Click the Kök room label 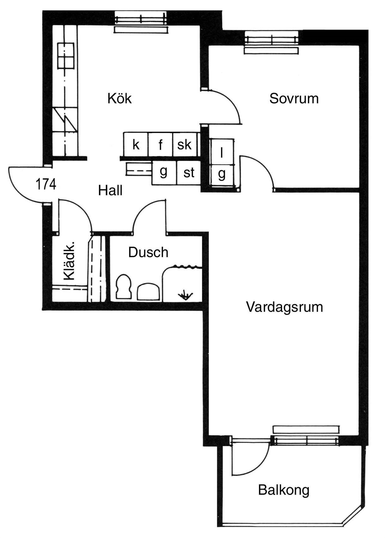pos(120,98)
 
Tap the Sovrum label pos(294,99)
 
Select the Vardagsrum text pos(285,307)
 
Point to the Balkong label pos(284,491)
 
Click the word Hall pos(110,190)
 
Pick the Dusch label pos(148,252)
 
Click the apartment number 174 pos(46,185)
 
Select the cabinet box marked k pos(136,144)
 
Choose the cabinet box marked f pos(160,144)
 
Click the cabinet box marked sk pos(185,144)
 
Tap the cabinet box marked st pos(188,172)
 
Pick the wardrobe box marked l pos(222,152)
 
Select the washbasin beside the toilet pos(148,291)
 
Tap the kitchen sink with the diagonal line pos(65,119)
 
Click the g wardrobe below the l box pos(222,175)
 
